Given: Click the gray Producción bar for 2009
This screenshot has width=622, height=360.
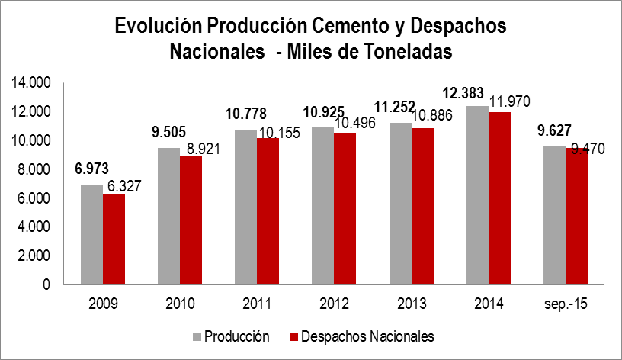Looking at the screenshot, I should pyautogui.click(x=91, y=234).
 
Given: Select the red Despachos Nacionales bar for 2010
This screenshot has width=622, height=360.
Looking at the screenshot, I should pyautogui.click(x=191, y=220).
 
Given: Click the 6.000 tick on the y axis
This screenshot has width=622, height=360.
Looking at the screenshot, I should pyautogui.click(x=34, y=198).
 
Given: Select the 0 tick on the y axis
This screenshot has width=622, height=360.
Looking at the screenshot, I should pyautogui.click(x=46, y=284).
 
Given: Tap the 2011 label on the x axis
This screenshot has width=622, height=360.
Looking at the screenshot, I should pyautogui.click(x=256, y=304).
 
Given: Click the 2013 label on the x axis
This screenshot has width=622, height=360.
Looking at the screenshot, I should pyautogui.click(x=411, y=304).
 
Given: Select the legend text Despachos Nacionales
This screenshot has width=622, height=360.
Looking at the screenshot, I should pyautogui.click(x=367, y=336).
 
